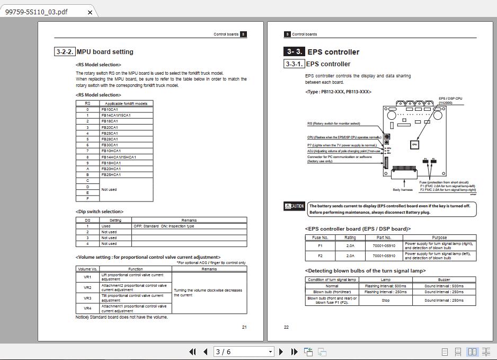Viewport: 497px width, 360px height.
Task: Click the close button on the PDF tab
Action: (x=90, y=12)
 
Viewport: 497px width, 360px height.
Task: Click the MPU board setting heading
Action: (x=105, y=52)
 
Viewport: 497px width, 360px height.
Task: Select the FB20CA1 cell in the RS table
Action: (x=110, y=127)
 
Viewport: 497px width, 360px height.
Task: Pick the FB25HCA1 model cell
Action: (x=111, y=174)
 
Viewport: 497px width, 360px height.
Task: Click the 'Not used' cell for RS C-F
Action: (x=109, y=189)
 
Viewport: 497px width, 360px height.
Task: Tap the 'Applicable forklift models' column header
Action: (x=126, y=103)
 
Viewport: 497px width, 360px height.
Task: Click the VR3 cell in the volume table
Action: (x=87, y=297)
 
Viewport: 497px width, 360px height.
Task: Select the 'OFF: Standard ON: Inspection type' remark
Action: (x=164, y=226)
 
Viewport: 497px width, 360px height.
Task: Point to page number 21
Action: (x=244, y=327)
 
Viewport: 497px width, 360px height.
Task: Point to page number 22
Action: (x=286, y=327)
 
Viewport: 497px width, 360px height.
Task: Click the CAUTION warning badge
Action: (x=295, y=206)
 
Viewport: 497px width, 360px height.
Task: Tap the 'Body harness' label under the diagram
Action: (x=402, y=189)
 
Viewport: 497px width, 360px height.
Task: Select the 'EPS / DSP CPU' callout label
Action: (x=450, y=99)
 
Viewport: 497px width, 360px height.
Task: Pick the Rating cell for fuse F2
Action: (x=350, y=256)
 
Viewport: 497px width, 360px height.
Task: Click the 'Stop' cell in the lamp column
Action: (x=385, y=300)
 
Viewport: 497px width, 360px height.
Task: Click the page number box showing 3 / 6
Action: (x=243, y=352)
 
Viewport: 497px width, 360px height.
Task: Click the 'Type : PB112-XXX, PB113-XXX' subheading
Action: (x=338, y=92)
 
